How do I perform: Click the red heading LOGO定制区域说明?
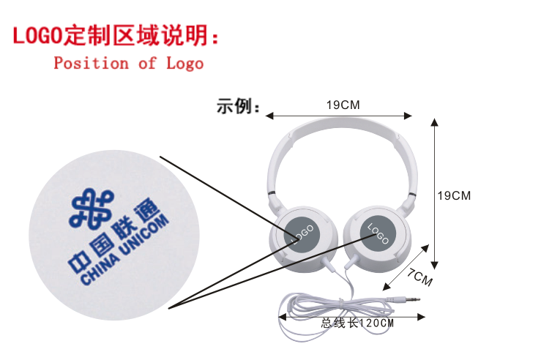pos(116,34)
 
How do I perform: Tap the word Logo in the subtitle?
pos(184,63)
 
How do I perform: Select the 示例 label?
pos(238,107)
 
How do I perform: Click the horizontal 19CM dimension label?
pos(343,105)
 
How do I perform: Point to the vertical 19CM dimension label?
pos(454,195)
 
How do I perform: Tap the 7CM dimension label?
pos(420,278)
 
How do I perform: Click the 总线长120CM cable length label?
pos(357,323)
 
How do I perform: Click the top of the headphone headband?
pos(341,130)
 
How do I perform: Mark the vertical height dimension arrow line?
pos(436,193)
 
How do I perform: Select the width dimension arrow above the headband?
pos(338,115)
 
